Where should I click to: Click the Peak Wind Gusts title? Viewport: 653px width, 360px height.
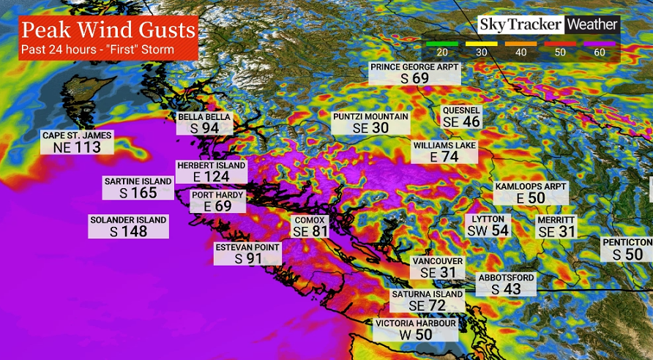(x=108, y=31)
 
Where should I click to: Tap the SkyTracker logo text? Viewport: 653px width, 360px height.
(x=520, y=24)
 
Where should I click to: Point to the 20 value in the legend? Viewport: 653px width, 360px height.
(x=441, y=52)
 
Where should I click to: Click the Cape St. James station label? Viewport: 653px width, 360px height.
(x=77, y=135)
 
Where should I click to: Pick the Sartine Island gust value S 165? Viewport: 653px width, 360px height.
(x=138, y=193)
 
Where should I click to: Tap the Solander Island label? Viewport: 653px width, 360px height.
(x=128, y=220)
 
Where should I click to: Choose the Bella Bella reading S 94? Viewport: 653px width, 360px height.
(x=204, y=128)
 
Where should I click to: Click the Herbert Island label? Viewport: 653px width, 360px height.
(x=211, y=165)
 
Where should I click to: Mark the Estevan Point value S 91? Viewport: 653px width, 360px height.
(x=248, y=258)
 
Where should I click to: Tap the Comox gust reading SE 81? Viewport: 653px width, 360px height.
(x=310, y=231)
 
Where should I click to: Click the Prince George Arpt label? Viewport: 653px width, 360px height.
(x=414, y=67)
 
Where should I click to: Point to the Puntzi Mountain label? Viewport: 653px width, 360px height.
(x=370, y=116)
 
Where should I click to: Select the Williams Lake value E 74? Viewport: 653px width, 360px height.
(x=444, y=157)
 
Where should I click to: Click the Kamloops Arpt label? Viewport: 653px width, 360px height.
(x=531, y=187)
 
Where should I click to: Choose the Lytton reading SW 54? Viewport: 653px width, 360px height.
(x=488, y=230)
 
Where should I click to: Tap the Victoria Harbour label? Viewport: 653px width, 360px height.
(x=416, y=323)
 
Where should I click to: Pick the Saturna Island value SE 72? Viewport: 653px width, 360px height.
(x=427, y=305)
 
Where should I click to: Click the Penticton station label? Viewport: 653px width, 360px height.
(x=627, y=242)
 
